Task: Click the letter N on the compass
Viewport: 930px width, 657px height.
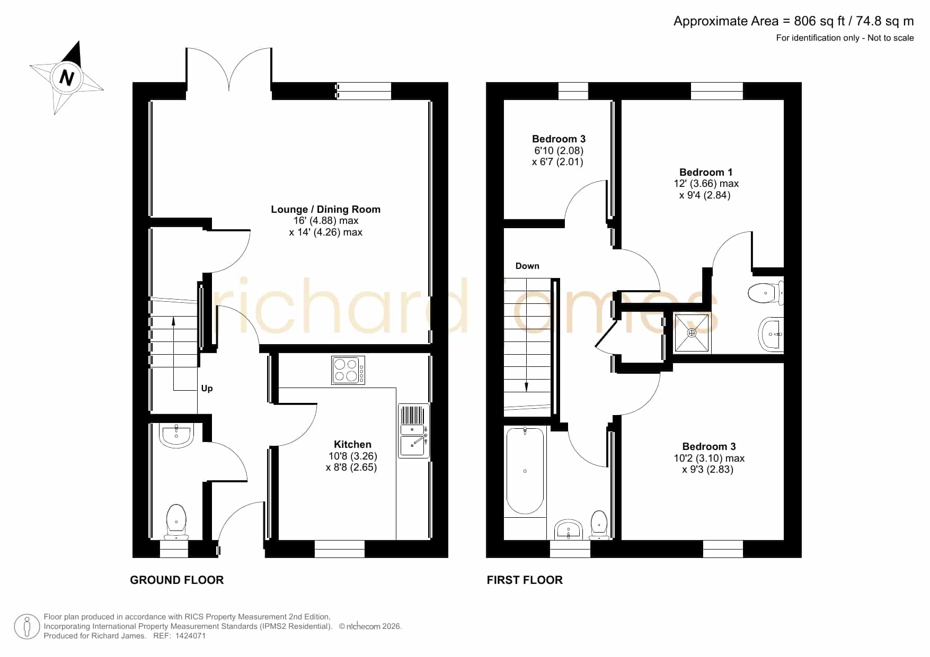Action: coord(67,78)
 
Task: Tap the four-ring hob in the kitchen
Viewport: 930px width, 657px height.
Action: coord(348,370)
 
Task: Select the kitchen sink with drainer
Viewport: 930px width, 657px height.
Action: coord(414,430)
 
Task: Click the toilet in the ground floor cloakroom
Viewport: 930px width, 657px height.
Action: coord(176,522)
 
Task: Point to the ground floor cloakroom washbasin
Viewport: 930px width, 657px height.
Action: coord(176,435)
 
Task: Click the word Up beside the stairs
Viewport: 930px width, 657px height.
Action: coord(207,388)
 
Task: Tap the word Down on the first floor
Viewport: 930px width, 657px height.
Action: coord(527,266)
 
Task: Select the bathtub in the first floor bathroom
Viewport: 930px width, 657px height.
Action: coord(525,471)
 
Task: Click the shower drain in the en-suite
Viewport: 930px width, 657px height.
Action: coord(692,333)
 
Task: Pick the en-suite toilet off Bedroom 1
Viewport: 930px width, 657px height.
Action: coord(766,293)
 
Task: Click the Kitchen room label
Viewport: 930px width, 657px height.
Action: coord(352,444)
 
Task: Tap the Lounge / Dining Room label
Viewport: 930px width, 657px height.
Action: coord(325,209)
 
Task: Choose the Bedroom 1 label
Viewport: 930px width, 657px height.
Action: coord(706,172)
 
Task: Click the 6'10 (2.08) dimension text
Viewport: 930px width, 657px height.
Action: coord(559,150)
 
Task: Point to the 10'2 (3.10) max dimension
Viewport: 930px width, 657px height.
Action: coord(709,458)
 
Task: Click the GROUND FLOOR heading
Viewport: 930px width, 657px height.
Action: coord(177,580)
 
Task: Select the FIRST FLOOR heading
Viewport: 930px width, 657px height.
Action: coord(525,580)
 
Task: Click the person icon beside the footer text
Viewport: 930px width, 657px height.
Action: coord(26,627)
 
